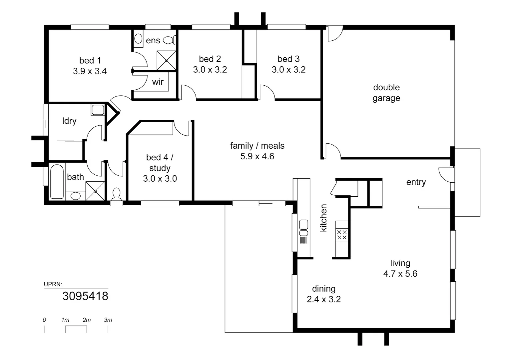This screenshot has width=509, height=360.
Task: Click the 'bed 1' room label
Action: [x=90, y=60]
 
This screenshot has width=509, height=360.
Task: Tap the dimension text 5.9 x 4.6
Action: [x=257, y=156]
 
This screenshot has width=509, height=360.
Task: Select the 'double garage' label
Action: [x=386, y=93]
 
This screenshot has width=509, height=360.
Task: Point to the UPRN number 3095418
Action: [x=85, y=296]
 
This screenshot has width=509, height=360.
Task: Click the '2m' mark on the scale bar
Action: [x=87, y=320]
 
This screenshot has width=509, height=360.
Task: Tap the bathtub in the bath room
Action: [x=57, y=181]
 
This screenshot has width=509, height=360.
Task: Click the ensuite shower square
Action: [x=166, y=60]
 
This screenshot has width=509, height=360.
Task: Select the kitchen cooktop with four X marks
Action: [x=342, y=235]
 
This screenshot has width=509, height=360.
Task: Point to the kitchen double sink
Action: [x=304, y=228]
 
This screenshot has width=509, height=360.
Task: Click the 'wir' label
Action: [x=158, y=82]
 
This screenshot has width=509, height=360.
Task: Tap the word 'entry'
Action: [x=416, y=182]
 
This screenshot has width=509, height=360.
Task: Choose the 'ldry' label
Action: [x=69, y=121]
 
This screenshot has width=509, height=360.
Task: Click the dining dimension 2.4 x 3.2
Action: [x=324, y=299]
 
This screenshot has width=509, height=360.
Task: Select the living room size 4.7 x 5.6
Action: [x=400, y=274]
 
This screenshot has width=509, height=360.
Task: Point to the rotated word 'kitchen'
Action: [x=323, y=218]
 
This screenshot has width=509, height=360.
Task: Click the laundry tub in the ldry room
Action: [x=98, y=110]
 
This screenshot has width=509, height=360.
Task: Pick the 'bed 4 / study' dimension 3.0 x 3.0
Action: [x=160, y=179]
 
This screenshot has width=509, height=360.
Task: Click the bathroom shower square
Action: [x=95, y=191]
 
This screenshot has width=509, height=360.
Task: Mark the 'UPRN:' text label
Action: [x=53, y=284]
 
